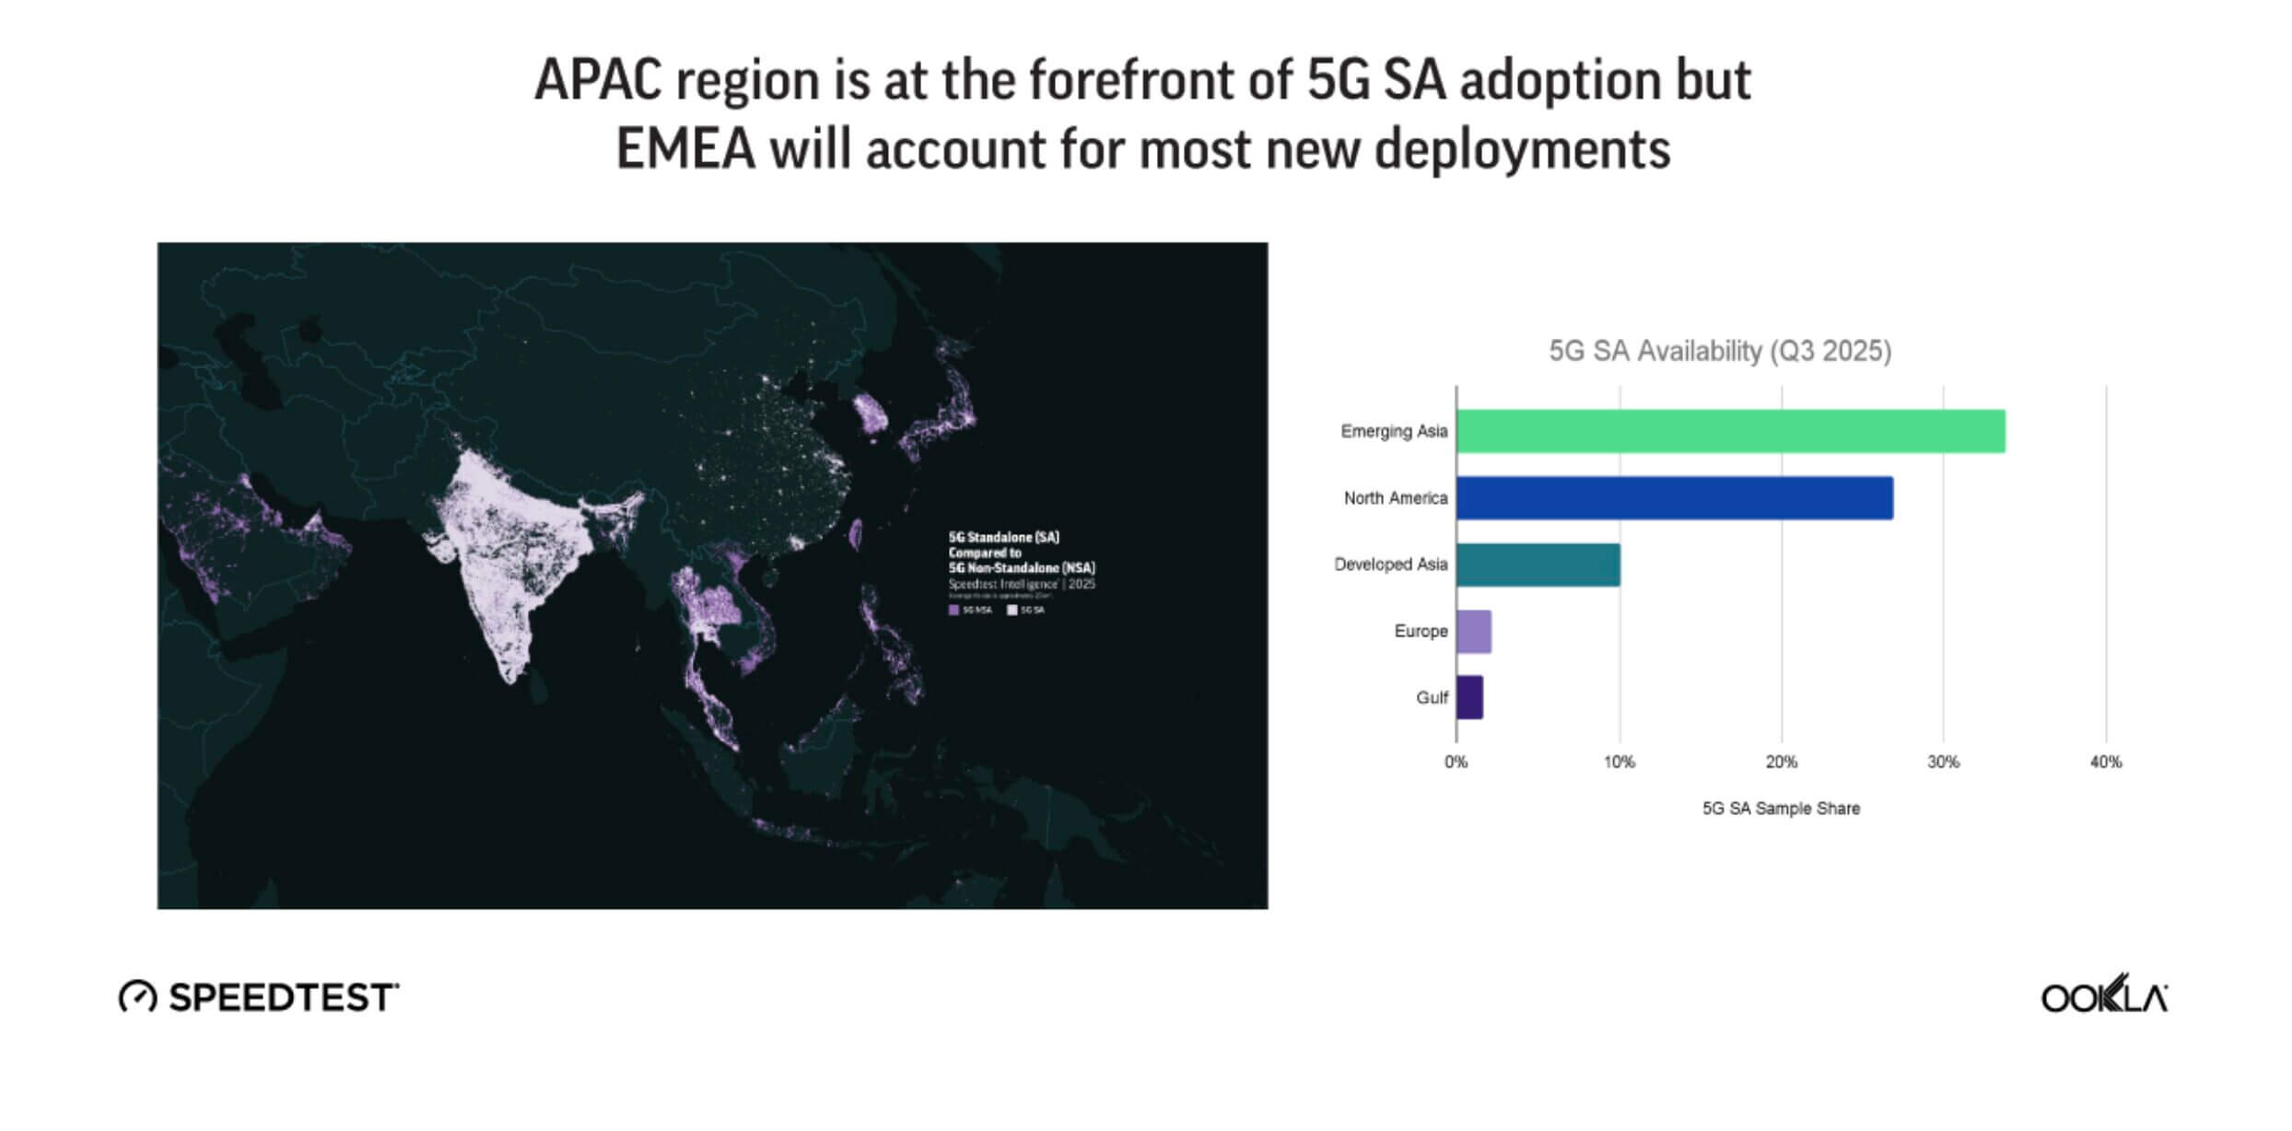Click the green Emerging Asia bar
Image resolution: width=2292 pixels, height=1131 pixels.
[1730, 431]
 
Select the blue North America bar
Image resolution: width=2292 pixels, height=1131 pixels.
[1674, 498]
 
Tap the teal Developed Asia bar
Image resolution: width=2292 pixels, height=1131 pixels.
[1538, 565]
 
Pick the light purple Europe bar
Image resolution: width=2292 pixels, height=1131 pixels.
[1474, 632]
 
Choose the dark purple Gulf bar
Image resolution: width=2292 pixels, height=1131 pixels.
[1469, 697]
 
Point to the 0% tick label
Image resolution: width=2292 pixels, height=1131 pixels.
[1456, 763]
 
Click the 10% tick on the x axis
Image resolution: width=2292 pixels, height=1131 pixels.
[1619, 763]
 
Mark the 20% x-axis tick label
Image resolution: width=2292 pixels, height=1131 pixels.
[1781, 763]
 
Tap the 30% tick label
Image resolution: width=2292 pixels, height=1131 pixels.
[1943, 763]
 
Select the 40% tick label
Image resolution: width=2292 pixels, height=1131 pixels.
[2105, 763]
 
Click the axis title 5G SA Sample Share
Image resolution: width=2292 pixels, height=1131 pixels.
[1781, 809]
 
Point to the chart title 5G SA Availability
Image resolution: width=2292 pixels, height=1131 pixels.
[1719, 351]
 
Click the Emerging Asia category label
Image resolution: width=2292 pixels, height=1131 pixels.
[1394, 431]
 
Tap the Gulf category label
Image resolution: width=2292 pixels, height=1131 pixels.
[1432, 698]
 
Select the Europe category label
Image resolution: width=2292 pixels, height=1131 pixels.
[1421, 632]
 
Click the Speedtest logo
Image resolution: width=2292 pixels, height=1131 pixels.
[259, 997]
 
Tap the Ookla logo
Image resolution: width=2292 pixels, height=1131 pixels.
[2104, 995]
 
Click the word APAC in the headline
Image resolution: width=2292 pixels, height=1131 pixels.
[598, 80]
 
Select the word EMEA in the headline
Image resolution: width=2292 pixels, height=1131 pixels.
[685, 149]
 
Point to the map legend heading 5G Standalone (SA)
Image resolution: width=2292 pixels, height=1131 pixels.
[1003, 537]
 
